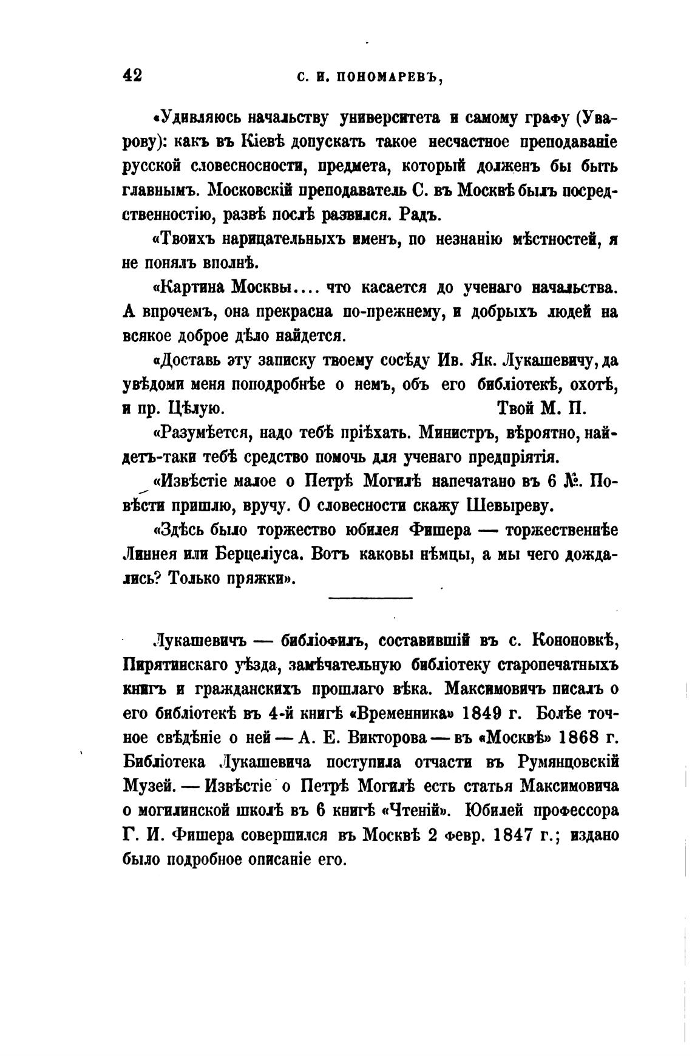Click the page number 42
point(132,75)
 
